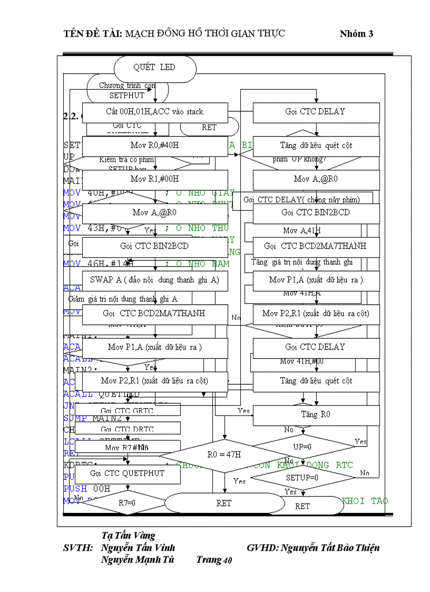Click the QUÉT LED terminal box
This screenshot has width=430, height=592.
tap(154, 68)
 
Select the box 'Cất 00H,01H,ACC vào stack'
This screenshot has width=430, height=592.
tap(154, 112)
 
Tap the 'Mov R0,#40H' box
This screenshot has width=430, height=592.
tap(154, 145)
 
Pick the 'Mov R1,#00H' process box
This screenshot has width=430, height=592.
tap(154, 179)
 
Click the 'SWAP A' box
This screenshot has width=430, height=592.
tap(154, 280)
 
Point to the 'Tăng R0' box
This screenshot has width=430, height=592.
tap(316, 415)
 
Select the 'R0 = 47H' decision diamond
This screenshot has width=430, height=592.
tap(224, 454)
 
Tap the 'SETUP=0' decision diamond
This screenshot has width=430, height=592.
tap(302, 478)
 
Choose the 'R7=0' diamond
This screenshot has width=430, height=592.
tap(126, 503)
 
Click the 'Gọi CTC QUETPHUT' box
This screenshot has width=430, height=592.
tap(127, 473)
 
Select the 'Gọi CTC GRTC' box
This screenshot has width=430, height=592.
tap(127, 410)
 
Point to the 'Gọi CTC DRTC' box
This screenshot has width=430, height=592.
tap(127, 429)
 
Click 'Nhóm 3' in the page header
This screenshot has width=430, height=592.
tap(356, 34)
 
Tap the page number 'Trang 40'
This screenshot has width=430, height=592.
tap(214, 560)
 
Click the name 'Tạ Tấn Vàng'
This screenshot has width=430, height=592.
tap(128, 536)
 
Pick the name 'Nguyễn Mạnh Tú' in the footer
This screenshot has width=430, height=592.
tap(138, 560)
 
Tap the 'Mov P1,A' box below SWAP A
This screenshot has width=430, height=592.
tap(154, 347)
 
